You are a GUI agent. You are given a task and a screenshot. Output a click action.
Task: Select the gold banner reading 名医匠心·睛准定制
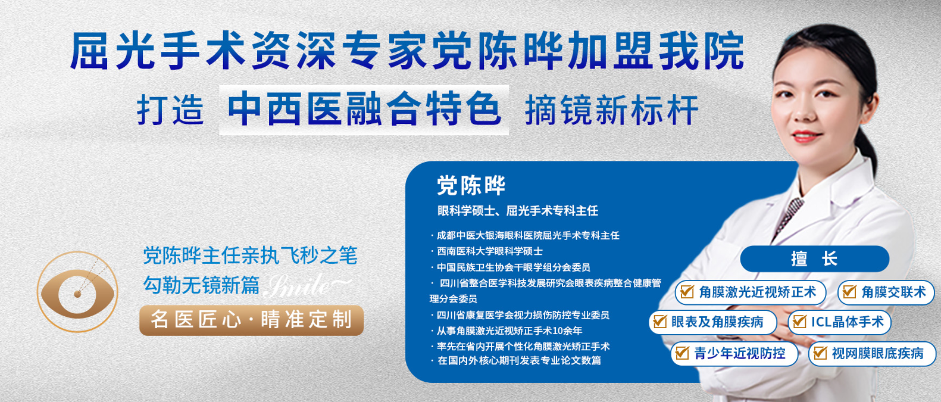[251, 320]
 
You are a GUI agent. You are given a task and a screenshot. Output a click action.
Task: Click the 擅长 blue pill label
[815, 258]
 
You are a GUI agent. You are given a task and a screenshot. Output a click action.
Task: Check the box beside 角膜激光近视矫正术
[687, 292]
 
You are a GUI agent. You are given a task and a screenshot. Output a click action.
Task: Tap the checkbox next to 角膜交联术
[849, 292]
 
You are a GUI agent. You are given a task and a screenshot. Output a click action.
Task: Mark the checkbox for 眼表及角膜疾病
[660, 322]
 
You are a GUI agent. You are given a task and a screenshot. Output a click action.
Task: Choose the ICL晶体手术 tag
[839, 322]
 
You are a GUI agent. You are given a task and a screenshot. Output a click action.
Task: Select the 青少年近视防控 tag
[734, 353]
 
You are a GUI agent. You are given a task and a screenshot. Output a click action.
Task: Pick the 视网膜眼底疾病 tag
[872, 353]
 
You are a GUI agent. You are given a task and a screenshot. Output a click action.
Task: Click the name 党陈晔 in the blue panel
[471, 185]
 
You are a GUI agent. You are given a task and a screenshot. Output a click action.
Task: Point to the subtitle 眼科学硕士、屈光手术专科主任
[518, 211]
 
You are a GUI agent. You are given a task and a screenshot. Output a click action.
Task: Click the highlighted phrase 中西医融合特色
[364, 110]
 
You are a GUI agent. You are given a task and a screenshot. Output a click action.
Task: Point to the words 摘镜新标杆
[611, 110]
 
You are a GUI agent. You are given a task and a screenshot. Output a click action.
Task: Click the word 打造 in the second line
[170, 110]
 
